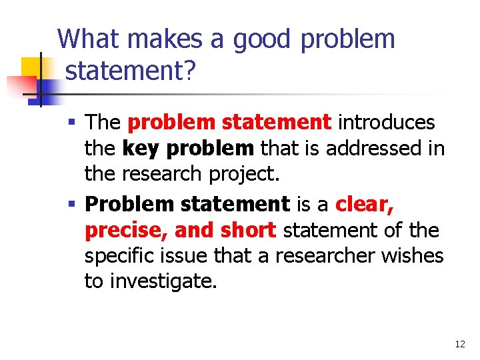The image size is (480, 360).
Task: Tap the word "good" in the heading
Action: (x=261, y=39)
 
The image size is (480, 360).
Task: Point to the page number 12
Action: (x=459, y=344)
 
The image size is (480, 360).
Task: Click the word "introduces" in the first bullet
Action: (x=387, y=123)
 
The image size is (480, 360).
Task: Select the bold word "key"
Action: (x=139, y=148)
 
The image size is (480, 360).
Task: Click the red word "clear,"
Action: (x=365, y=204)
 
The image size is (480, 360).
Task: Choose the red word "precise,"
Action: (x=127, y=230)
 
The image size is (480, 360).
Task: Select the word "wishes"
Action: (x=415, y=256)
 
